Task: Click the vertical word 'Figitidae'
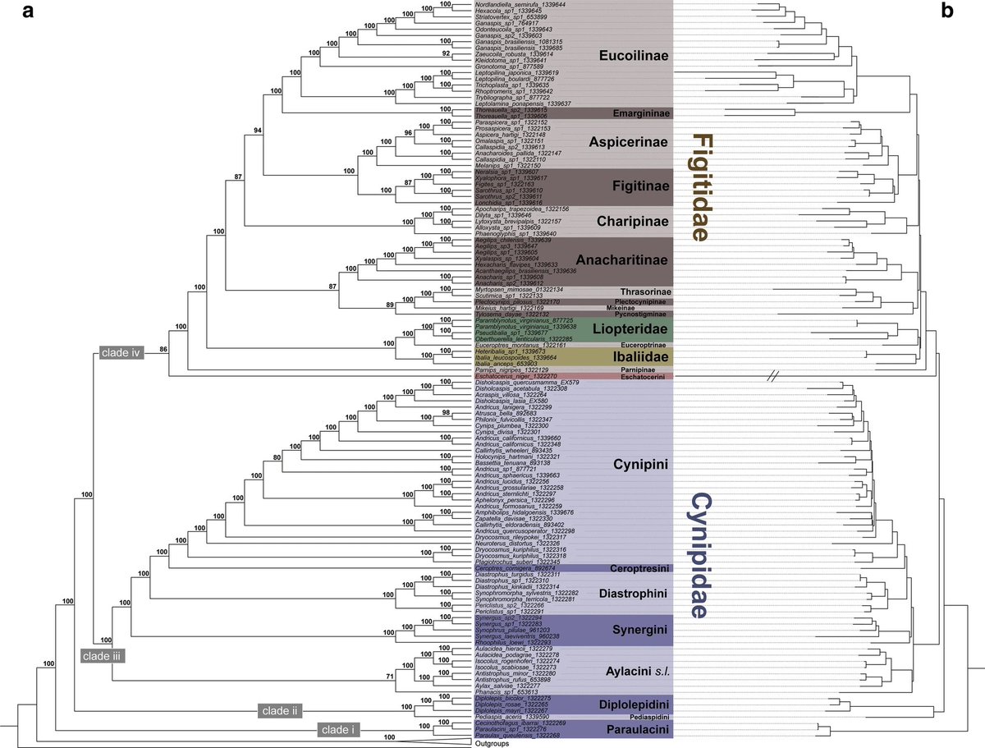click(x=699, y=187)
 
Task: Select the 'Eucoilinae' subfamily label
click(x=634, y=57)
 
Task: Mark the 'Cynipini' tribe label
click(x=640, y=466)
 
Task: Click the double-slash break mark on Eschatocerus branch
click(x=777, y=377)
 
